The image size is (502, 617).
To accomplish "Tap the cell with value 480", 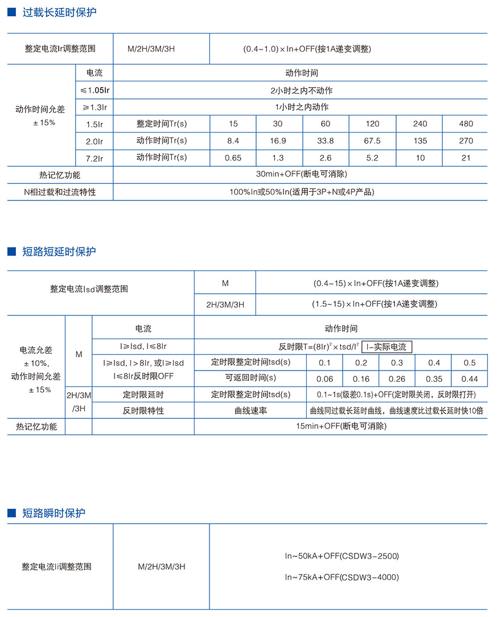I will tap(466, 124).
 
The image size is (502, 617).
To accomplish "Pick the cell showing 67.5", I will tap(372, 141).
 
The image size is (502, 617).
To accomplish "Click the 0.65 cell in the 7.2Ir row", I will tap(232, 158).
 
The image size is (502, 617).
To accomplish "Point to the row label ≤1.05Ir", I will tap(94, 91).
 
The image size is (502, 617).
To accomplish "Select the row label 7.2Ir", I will tap(94, 158).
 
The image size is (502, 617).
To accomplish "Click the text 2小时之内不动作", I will tap(301, 91).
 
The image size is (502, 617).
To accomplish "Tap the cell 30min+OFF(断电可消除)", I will tap(301, 175).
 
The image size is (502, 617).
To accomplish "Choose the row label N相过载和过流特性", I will tap(60, 192).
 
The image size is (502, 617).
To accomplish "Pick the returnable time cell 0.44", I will tap(470, 379).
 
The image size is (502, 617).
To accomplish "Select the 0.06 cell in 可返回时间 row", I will tap(325, 379).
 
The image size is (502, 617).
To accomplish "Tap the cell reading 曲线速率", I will tap(250, 410).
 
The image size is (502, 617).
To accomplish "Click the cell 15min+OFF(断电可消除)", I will tap(341, 426).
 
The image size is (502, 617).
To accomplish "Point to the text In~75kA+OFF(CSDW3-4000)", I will tap(342, 577).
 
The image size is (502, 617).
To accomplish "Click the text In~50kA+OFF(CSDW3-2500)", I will tap(342, 556).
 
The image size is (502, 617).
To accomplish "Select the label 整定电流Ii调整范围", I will tap(56, 567).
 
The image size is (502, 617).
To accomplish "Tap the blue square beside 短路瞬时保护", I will tap(11, 513).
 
